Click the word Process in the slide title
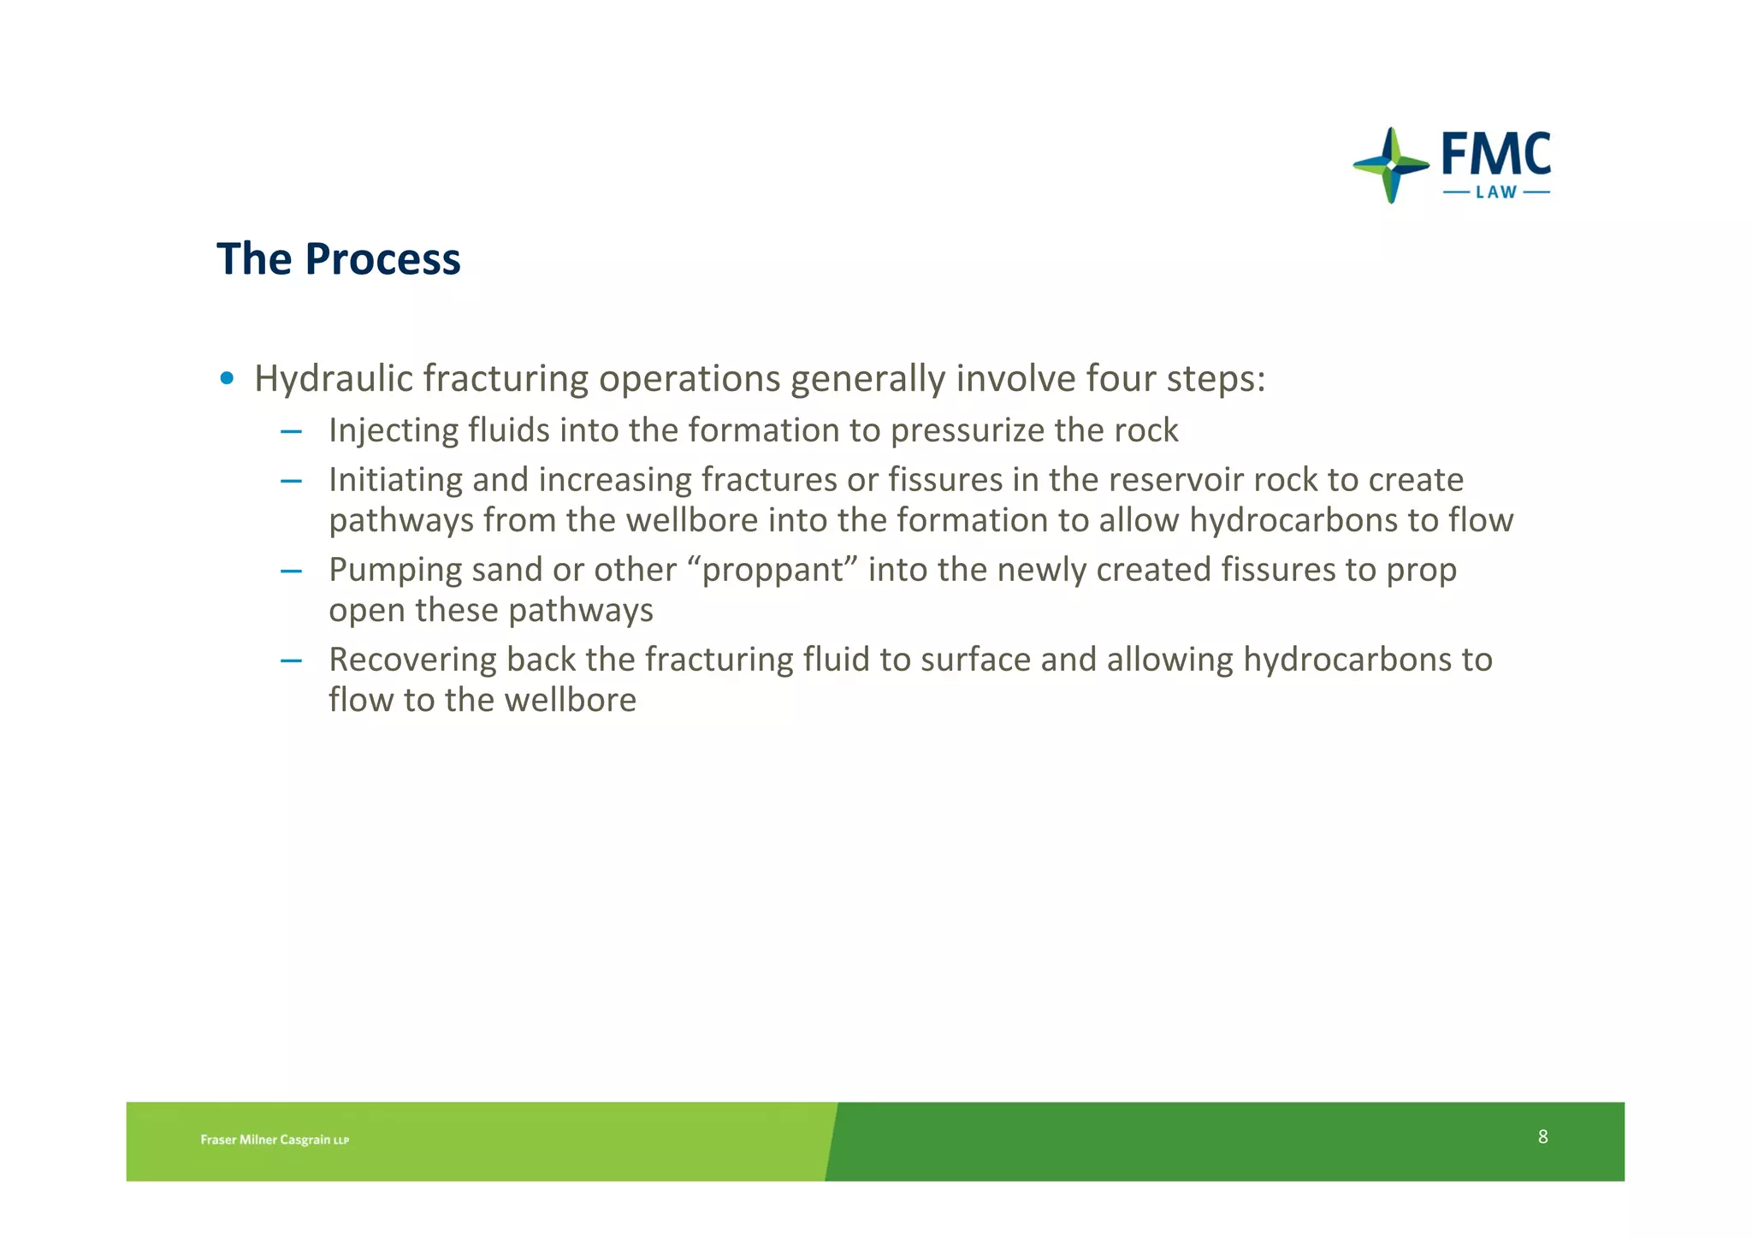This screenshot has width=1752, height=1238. [382, 259]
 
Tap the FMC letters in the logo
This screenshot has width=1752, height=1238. [1495, 155]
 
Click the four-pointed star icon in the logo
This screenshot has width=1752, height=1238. [1391, 165]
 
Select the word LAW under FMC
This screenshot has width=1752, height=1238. [1496, 193]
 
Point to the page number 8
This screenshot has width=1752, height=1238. [1542, 1136]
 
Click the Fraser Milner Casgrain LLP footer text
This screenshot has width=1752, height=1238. [275, 1140]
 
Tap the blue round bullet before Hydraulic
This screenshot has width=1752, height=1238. [227, 378]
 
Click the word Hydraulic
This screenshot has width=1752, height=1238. [333, 379]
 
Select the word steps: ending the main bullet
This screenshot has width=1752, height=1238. [1216, 379]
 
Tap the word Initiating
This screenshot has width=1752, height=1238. [395, 480]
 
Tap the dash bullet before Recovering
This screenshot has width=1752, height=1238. [291, 660]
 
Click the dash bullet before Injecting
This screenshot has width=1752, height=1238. [291, 431]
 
